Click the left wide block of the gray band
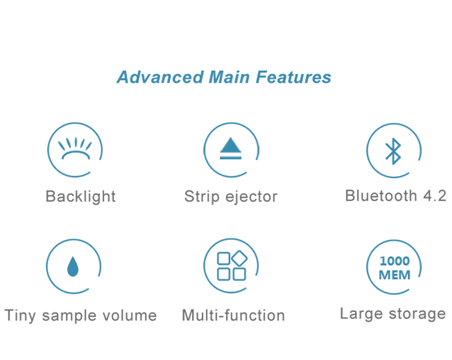pyautogui.click(x=151, y=202)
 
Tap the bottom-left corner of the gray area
pyautogui.click(x=5, y=323)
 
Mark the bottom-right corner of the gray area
pyautogui.click(x=445, y=323)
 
